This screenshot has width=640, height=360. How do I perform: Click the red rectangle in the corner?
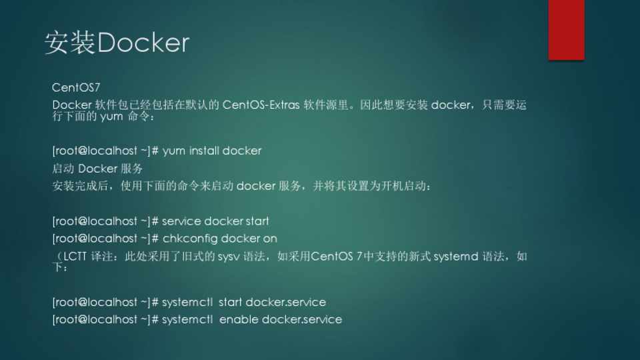566,30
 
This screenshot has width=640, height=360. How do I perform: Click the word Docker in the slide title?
143,43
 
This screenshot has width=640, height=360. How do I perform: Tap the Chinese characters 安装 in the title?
70,43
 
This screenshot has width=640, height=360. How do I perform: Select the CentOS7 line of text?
76,87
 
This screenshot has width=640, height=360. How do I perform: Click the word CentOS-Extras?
261,105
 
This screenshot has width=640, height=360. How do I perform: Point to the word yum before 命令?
111,117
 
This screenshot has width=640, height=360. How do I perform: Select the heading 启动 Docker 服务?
97,169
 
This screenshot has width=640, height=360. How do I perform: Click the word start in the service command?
257,221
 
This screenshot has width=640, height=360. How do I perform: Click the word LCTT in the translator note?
75,256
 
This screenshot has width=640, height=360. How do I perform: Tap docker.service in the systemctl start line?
286,302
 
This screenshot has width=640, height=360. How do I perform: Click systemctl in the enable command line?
187,319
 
